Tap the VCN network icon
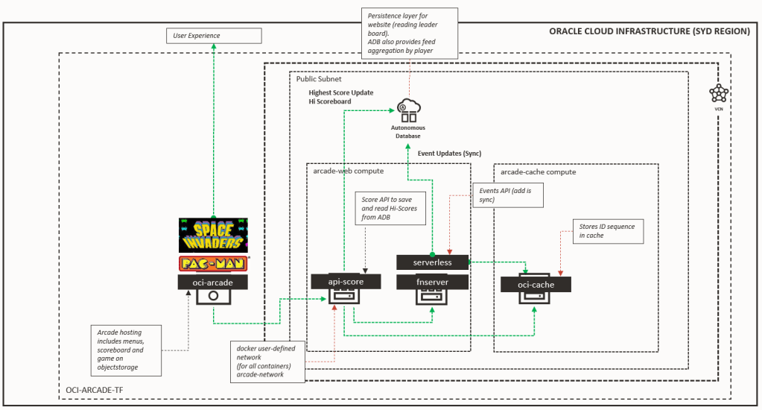718,93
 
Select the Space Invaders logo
213,235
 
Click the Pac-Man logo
213,263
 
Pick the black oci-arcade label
213,281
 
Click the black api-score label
346,281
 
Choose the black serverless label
432,262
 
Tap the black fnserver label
432,282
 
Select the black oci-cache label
536,284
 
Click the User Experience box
214,35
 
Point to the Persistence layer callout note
409,31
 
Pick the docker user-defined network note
267,362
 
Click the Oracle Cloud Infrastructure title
650,32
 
